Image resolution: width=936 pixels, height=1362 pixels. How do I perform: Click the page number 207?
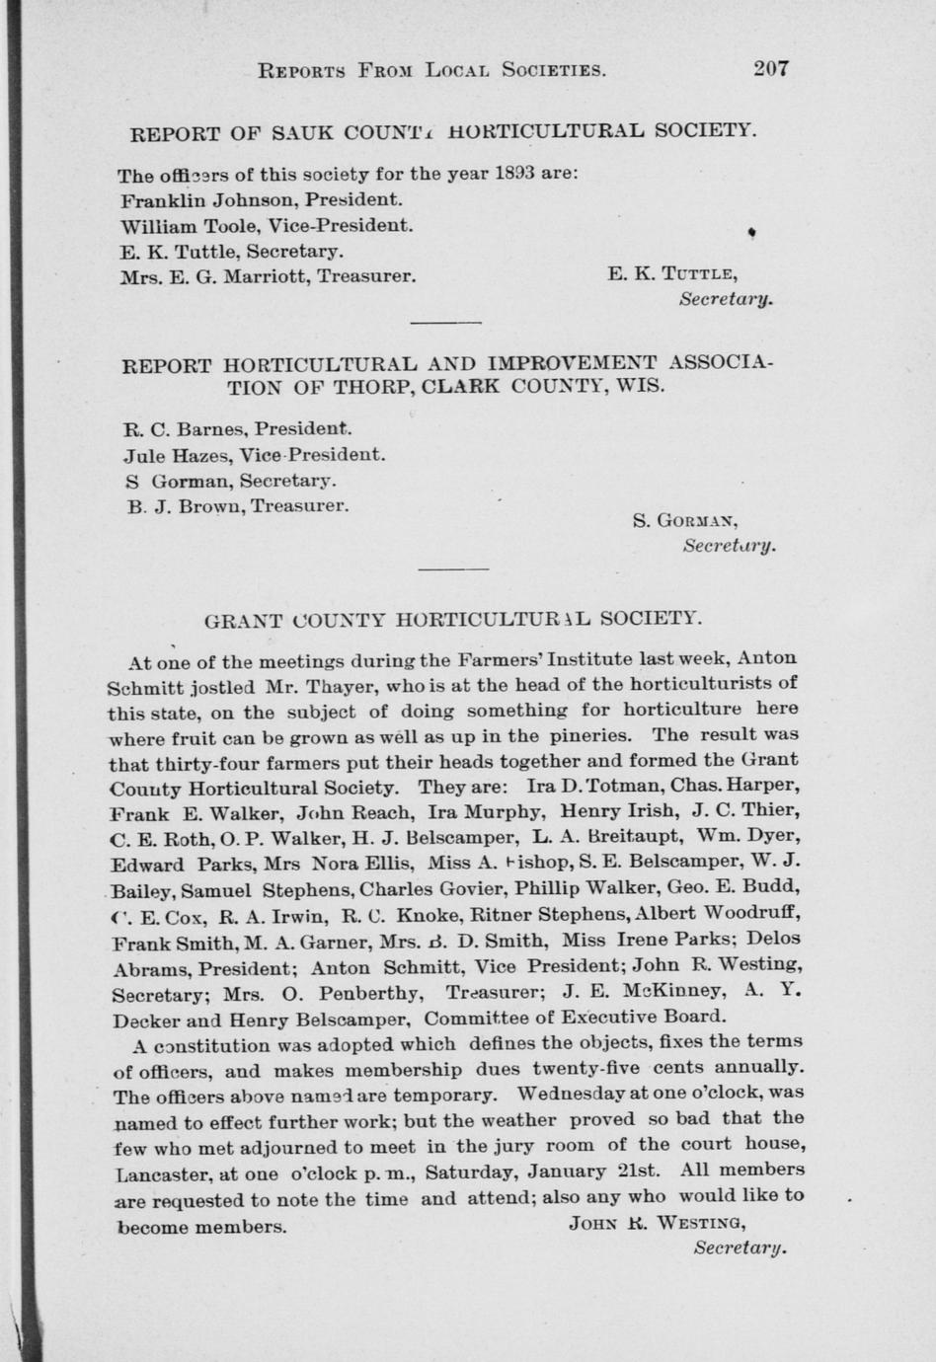[x=771, y=68]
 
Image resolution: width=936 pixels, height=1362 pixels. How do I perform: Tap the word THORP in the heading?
[x=375, y=387]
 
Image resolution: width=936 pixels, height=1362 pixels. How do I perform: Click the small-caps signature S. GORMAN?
[x=685, y=520]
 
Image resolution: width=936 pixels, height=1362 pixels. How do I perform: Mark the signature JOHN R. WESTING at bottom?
[x=657, y=1224]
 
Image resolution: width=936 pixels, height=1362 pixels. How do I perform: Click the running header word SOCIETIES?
[x=553, y=70]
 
